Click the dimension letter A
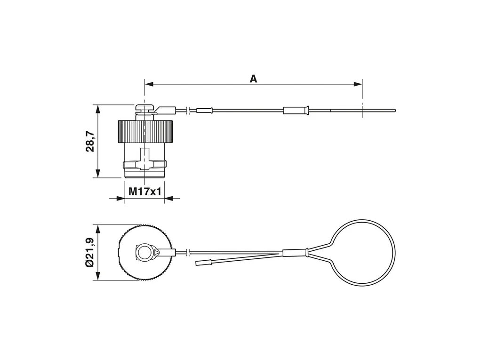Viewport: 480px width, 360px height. pyautogui.click(x=253, y=79)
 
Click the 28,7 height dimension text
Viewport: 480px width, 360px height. pyautogui.click(x=90, y=141)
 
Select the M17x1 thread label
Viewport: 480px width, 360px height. pyautogui.click(x=144, y=192)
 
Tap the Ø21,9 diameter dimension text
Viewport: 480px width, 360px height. pyautogui.click(x=90, y=253)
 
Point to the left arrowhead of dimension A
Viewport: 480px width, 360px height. pyautogui.click(x=149, y=84)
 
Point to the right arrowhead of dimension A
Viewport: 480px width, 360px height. pyautogui.click(x=358, y=84)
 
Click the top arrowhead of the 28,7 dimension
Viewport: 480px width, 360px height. pyautogui.click(x=98, y=109)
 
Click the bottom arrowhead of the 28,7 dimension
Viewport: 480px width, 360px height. pyautogui.click(x=98, y=173)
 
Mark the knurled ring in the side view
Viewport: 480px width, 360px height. pyautogui.click(x=145, y=132)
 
